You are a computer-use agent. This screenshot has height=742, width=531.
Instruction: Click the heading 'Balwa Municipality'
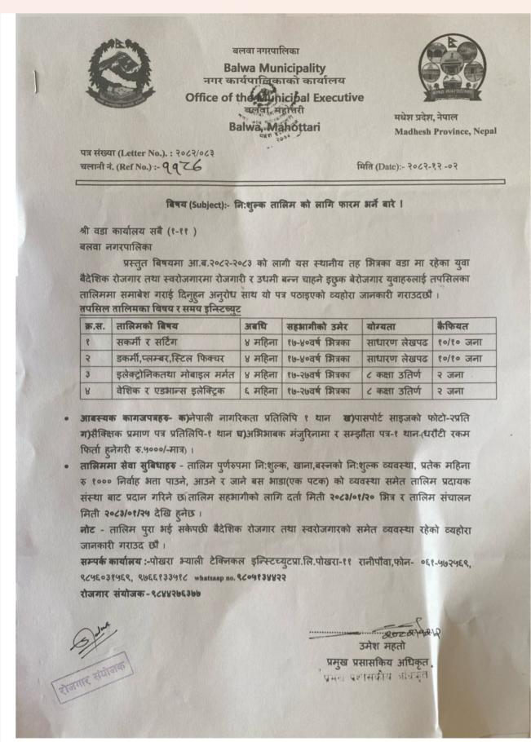coord(274,68)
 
